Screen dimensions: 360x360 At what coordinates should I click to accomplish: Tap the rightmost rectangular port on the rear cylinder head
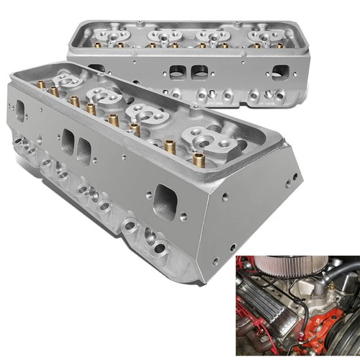click(x=281, y=72)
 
